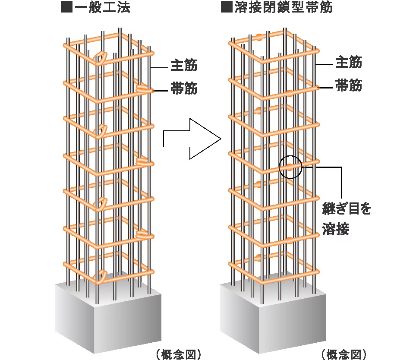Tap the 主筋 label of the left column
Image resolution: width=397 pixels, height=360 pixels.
[184, 66]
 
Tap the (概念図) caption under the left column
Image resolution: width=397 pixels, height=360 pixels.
[178, 354]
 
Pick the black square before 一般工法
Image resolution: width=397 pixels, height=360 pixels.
[65, 8]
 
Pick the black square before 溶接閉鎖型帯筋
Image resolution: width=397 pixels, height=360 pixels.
[227, 8]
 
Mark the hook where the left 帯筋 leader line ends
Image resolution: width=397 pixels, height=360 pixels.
[143, 89]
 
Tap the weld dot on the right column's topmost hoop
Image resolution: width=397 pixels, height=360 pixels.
[258, 37]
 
